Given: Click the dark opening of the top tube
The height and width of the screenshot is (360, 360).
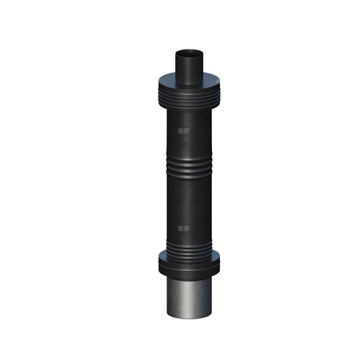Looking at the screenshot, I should (x=189, y=54).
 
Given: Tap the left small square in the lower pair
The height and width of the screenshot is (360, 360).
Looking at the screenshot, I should (x=182, y=229).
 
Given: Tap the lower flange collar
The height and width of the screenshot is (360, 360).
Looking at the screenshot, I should (x=189, y=265).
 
